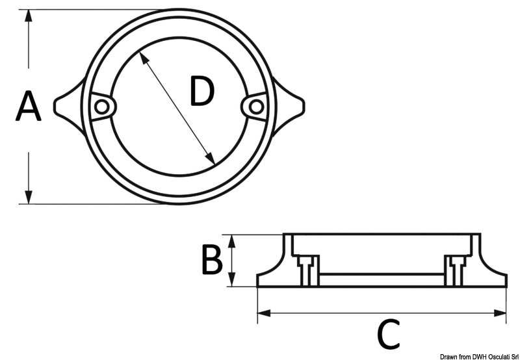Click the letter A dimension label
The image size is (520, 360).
click(28, 107)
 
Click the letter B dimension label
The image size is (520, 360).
click(211, 260)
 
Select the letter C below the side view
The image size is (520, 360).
click(388, 335)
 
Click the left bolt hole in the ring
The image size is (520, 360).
click(101, 107)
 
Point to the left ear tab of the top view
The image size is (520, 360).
click(68, 106)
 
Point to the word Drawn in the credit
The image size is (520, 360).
click(448, 356)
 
